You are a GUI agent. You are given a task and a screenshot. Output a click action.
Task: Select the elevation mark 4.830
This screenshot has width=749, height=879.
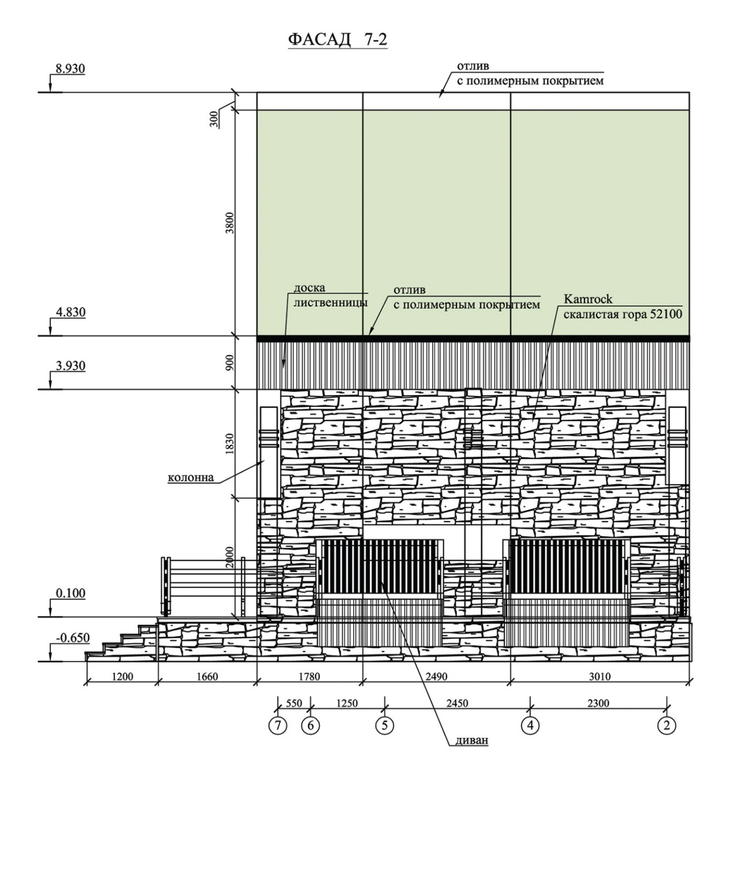(70, 312)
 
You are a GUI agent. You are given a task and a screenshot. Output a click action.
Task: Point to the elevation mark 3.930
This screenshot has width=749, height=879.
(70, 366)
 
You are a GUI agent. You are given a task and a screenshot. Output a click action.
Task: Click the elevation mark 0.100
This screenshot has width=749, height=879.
(70, 593)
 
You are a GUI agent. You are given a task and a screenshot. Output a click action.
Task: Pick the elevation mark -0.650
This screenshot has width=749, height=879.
(72, 638)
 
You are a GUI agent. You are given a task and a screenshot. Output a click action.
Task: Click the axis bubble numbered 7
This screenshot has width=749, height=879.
(278, 726)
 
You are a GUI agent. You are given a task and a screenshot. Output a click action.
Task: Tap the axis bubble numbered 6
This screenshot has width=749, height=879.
(310, 726)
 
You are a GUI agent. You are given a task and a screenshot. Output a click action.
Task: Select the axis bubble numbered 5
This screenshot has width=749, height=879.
(384, 726)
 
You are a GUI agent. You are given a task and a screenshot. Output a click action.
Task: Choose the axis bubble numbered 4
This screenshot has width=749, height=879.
(530, 726)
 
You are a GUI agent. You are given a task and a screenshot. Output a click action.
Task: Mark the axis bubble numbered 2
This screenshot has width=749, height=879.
(667, 726)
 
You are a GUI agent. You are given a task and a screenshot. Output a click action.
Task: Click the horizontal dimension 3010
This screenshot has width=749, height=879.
(600, 677)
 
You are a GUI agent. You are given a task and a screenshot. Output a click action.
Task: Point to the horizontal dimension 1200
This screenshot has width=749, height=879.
(122, 677)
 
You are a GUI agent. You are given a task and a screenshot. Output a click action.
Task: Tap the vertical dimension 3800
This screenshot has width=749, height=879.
(230, 222)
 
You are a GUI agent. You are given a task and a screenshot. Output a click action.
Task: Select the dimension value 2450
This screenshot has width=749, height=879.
(457, 703)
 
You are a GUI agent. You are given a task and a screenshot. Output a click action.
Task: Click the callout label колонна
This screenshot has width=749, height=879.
(191, 477)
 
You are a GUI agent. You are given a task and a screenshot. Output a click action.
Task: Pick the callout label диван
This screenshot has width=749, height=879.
(472, 740)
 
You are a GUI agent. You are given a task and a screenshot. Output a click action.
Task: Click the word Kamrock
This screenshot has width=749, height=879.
(588, 300)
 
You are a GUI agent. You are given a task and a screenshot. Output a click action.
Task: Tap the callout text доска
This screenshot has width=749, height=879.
(310, 288)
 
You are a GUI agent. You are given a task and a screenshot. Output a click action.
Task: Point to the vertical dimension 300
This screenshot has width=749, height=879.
(214, 119)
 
